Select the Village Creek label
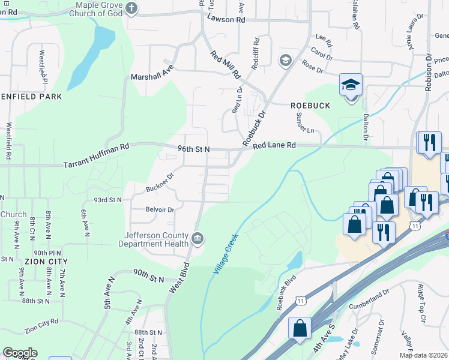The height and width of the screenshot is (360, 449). [226, 254]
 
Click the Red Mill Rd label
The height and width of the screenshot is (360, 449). [225, 65]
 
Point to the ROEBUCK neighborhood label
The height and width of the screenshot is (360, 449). [310, 106]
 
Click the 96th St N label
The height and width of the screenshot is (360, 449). [193, 148]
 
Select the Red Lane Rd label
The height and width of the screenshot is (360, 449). [274, 145]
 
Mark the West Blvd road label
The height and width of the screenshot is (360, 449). [179, 278]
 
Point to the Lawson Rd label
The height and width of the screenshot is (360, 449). [226, 19]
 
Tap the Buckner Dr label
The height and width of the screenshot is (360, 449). [159, 183]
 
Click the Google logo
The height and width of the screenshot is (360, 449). [20, 353]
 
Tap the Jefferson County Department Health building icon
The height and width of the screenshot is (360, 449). [196, 240]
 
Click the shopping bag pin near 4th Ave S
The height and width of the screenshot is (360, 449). [300, 329]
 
